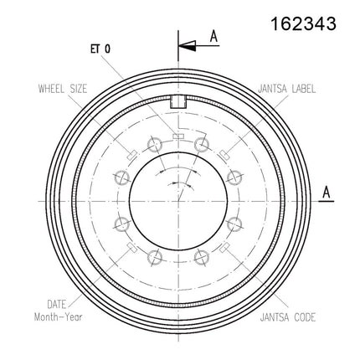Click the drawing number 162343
(303, 23)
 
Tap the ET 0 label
(100, 49)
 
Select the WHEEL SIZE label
(63, 89)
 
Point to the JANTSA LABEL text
(287, 89)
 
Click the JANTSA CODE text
(288, 317)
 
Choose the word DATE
(57, 304)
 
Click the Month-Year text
(59, 317)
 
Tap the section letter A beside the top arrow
(213, 36)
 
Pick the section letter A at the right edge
(327, 193)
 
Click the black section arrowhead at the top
(188, 45)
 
